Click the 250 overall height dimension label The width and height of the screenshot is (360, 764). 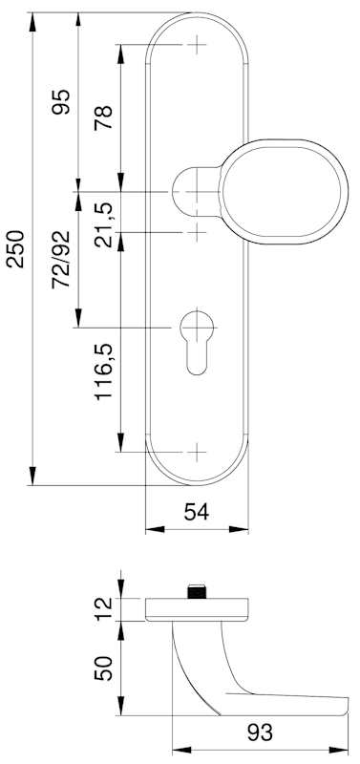click(x=16, y=249)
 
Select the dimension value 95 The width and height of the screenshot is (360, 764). click(x=61, y=102)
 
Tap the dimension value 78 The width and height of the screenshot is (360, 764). click(x=104, y=117)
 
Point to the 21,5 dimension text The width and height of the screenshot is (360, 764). click(x=104, y=224)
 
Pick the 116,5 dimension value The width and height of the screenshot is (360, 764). click(x=104, y=371)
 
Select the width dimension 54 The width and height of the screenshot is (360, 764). click(x=197, y=512)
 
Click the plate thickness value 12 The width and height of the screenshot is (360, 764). click(x=104, y=608)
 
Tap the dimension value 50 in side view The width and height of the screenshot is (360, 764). click(x=104, y=668)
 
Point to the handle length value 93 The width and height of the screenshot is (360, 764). click(x=260, y=732)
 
